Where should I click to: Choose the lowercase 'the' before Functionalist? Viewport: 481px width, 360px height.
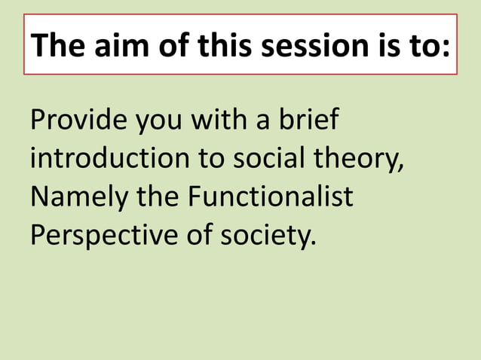tap(158, 197)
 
